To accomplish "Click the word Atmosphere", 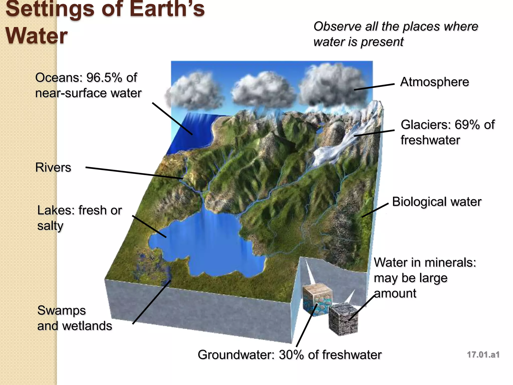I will point(434,82).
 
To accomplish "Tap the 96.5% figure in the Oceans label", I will point(104,77).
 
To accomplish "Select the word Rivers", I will point(53,167).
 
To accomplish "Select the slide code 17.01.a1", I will point(483,354).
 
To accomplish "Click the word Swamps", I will point(61,311).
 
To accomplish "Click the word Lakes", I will point(56,210).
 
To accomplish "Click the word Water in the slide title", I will point(37,36).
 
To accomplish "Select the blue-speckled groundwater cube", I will point(316,300).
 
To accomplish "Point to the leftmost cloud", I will point(194,91).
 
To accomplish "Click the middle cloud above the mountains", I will point(263,90).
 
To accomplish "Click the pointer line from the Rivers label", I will point(134,173).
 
